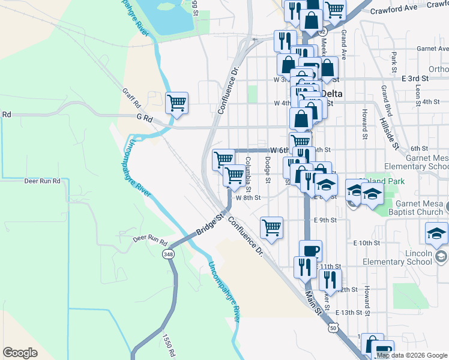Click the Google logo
click(20, 353)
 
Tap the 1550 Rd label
click(167, 344)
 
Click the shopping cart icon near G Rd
click(176, 103)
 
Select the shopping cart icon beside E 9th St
click(271, 227)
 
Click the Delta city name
click(331, 94)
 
